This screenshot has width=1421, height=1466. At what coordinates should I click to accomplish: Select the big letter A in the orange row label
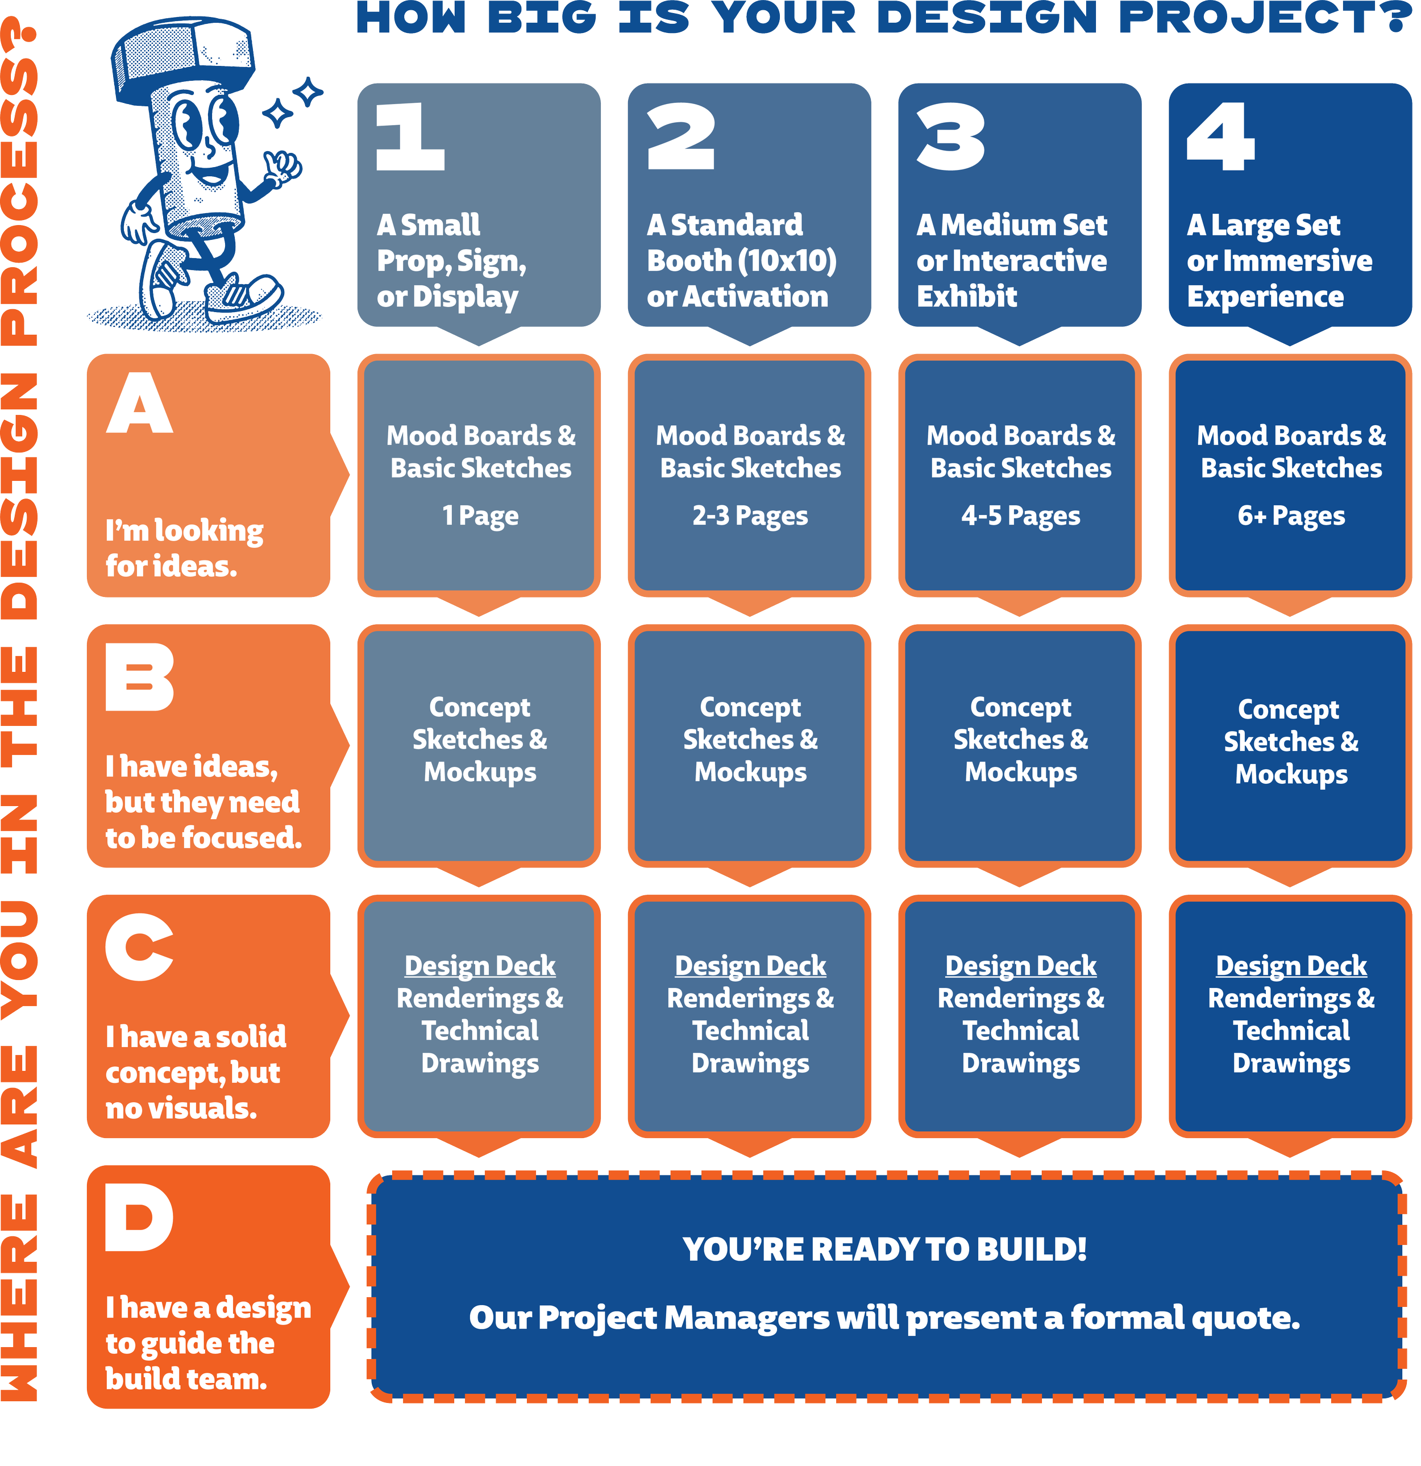point(140,404)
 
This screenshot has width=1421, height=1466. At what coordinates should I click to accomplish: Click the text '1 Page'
point(480,516)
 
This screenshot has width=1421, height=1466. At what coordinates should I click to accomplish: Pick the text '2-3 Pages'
point(750,516)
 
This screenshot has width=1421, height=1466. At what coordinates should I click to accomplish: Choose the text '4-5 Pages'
point(1021,516)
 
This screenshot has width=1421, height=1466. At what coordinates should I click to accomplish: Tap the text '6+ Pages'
point(1291,516)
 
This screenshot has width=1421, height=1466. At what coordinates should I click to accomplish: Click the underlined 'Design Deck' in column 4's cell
point(1291,966)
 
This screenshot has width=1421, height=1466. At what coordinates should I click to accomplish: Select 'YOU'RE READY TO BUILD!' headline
point(885,1249)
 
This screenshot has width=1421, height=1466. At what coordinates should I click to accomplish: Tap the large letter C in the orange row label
point(139,947)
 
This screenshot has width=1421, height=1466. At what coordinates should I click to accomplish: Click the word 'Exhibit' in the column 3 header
point(967,297)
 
